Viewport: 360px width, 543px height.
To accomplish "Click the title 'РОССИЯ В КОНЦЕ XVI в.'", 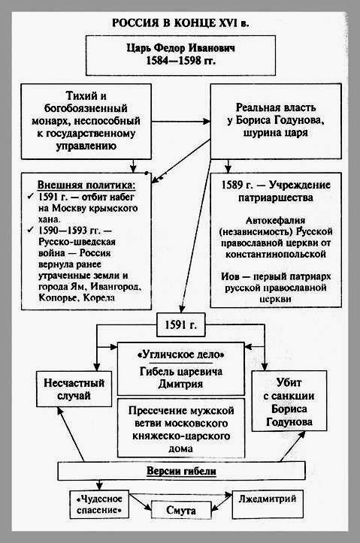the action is [x=180, y=23].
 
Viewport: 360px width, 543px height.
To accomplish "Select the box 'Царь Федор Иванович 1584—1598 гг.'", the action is [x=180, y=56].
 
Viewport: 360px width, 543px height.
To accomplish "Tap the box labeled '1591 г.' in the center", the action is [x=180, y=325].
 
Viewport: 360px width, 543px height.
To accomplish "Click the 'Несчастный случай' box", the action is [x=74, y=389].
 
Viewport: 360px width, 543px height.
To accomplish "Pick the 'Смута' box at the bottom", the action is [x=181, y=510].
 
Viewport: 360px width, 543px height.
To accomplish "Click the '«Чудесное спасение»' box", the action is [x=99, y=504].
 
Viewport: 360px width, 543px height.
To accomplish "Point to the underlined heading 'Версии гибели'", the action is [x=181, y=472].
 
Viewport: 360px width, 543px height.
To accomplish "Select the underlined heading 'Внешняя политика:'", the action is [x=86, y=185].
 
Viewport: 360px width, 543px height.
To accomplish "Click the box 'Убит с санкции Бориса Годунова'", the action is [x=289, y=401].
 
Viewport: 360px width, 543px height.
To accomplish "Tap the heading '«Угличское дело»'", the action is [x=181, y=354].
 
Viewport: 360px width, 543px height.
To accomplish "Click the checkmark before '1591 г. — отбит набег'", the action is [x=31, y=197].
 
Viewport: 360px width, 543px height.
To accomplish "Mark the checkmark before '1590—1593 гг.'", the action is [x=31, y=230].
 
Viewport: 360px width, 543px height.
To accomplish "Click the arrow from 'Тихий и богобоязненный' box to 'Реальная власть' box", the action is [x=181, y=122].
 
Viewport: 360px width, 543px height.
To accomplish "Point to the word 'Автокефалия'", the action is [x=276, y=220].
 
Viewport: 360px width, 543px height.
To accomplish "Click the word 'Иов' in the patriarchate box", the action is [x=230, y=276].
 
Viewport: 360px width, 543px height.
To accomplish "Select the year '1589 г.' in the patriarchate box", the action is [x=237, y=185].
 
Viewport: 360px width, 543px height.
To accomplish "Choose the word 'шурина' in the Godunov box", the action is [x=262, y=133].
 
